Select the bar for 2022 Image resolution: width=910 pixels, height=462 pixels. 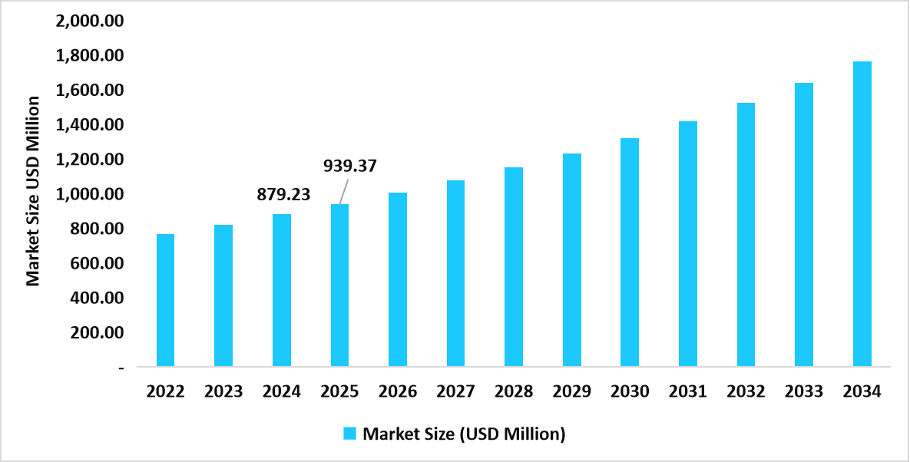click(x=165, y=300)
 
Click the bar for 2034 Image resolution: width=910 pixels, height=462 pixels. click(x=862, y=214)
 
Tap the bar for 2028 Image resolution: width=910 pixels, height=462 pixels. click(x=514, y=267)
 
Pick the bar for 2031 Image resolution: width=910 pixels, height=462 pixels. click(x=687, y=244)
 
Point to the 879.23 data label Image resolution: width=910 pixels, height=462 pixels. click(x=283, y=195)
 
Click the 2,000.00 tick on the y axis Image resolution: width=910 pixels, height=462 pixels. click(x=90, y=21)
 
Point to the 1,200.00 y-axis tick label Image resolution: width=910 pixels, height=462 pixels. click(x=90, y=160)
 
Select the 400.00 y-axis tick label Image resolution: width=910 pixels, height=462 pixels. click(x=96, y=298)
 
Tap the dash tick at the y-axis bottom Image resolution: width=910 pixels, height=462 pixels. click(x=121, y=368)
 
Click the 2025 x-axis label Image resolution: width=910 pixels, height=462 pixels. click(x=339, y=392)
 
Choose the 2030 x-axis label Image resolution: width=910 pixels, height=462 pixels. click(x=630, y=392)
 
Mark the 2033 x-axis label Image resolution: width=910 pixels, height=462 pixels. click(x=804, y=392)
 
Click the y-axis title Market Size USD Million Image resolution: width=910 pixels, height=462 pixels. click(x=33, y=191)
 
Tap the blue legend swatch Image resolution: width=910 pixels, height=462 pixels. click(x=349, y=434)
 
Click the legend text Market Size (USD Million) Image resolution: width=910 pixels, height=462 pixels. click(x=464, y=434)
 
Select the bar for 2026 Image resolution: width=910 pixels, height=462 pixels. click(x=398, y=279)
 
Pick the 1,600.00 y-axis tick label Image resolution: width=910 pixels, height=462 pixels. click(x=90, y=91)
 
